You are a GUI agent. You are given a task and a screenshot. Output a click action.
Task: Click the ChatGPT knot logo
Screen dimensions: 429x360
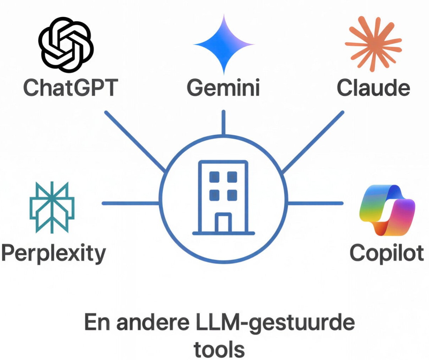click(65, 44)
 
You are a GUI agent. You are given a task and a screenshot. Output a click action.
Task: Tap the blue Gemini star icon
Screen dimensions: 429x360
click(224, 44)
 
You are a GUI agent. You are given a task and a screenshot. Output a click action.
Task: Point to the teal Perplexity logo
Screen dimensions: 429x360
click(52, 207)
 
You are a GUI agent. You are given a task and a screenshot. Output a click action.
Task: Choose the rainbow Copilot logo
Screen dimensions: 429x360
click(387, 210)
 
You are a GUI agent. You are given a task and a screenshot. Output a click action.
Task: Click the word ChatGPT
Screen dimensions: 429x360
click(70, 87)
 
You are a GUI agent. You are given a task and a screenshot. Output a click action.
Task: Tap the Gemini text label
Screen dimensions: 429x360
click(223, 87)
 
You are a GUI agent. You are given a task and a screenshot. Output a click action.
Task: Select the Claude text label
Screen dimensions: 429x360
click(373, 87)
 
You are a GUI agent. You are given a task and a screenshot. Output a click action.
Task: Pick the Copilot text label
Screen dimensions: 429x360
click(387, 253)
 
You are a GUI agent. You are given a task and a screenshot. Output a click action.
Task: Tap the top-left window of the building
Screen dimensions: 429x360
click(214, 177)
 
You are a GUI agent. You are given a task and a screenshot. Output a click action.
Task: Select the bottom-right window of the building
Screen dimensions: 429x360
click(232, 194)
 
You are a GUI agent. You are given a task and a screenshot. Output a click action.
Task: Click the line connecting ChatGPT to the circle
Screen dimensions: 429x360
click(135, 142)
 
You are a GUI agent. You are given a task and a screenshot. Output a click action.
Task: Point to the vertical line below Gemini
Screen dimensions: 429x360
click(223, 122)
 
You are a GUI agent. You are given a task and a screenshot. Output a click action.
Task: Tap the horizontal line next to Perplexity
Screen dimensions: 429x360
click(131, 203)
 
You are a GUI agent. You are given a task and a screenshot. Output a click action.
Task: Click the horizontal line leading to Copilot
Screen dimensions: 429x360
click(315, 203)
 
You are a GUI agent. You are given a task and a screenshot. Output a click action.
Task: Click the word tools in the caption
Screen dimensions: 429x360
click(219, 349)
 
